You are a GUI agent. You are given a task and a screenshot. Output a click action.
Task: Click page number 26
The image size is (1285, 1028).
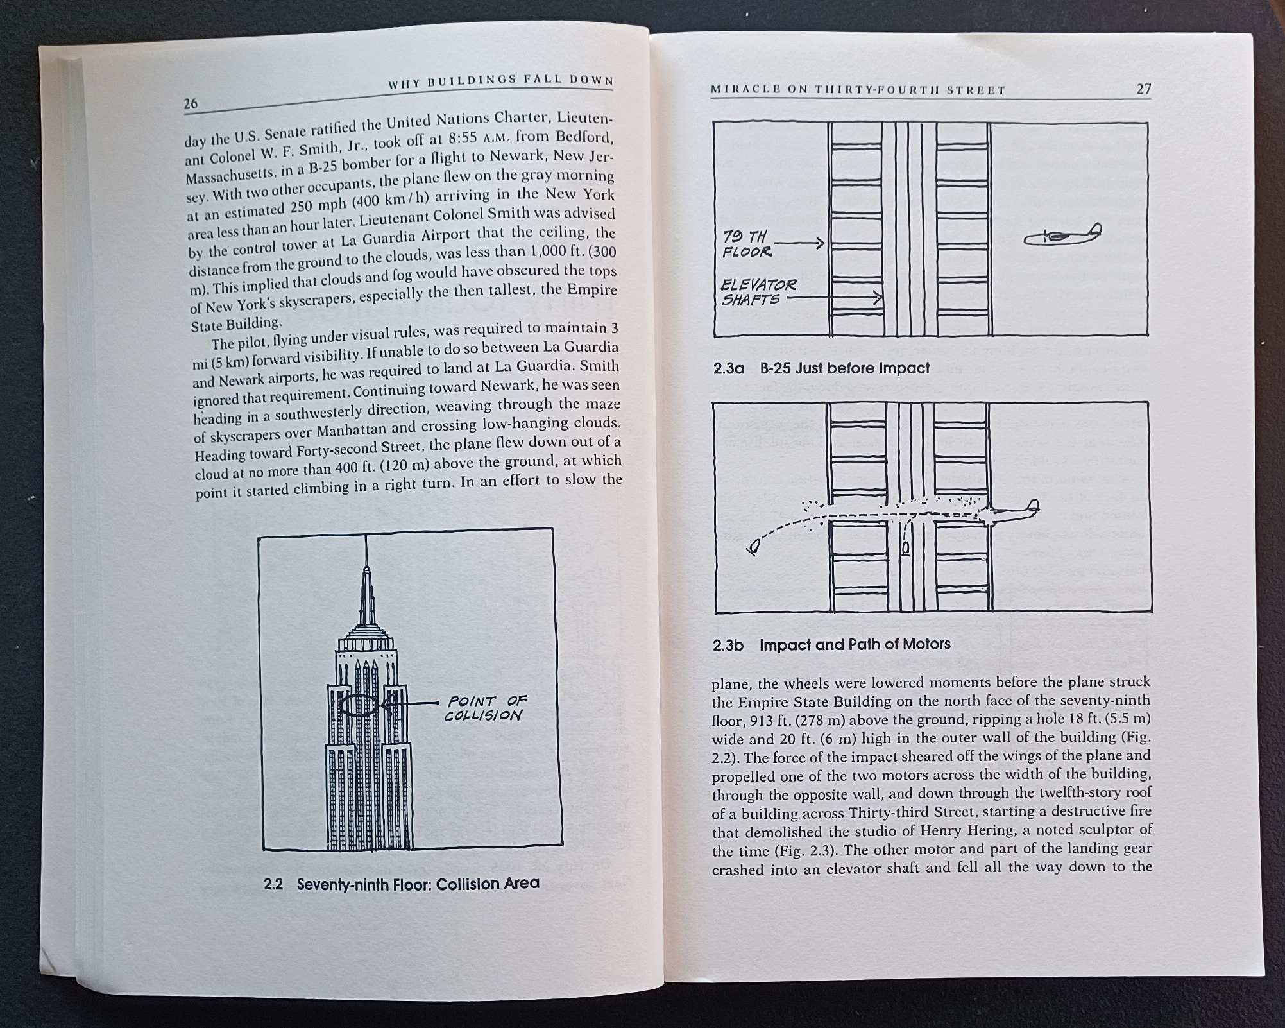click(x=191, y=103)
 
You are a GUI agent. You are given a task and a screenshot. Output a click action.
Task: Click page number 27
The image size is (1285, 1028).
click(x=1143, y=89)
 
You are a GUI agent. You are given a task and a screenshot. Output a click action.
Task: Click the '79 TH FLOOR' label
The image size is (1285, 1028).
click(x=746, y=244)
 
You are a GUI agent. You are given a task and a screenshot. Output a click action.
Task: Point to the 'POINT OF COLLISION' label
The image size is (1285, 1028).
click(x=486, y=708)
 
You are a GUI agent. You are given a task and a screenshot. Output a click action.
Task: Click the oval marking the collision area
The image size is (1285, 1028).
click(x=359, y=705)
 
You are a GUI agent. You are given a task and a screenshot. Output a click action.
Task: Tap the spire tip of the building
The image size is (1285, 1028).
click(x=366, y=568)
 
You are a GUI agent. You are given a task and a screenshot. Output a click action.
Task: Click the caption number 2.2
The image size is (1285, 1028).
click(x=273, y=884)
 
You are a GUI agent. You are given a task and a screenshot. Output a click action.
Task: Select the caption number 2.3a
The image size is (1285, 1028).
click(x=728, y=369)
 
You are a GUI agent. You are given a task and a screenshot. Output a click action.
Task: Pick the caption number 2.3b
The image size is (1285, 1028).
click(x=728, y=645)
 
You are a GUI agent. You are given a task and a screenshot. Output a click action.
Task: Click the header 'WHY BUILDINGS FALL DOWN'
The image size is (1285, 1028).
click(x=500, y=81)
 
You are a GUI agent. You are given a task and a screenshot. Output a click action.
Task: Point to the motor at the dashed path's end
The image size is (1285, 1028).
click(x=754, y=547)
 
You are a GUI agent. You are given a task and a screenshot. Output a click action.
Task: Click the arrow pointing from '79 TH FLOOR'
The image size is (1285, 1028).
click(x=800, y=243)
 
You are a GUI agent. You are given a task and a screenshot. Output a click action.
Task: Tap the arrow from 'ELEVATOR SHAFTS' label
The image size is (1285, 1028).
click(x=834, y=297)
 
